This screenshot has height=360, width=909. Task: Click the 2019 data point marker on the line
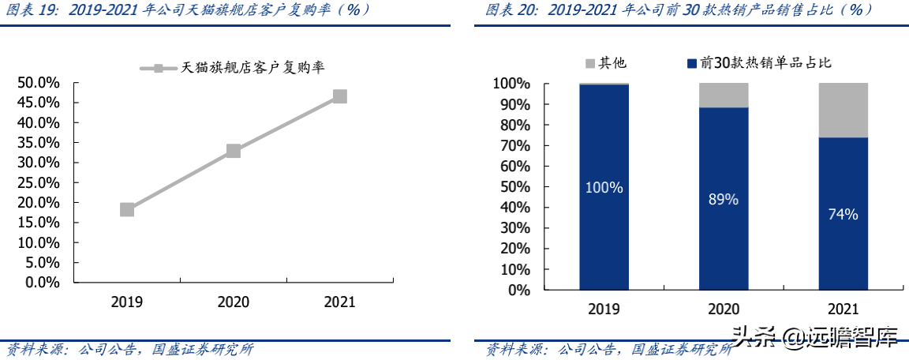(x=127, y=209)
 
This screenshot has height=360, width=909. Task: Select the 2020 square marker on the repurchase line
(x=234, y=151)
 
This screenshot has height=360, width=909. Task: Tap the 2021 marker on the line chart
(x=339, y=96)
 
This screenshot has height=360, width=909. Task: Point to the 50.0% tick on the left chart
(x=39, y=83)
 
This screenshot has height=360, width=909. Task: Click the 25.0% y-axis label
(x=39, y=182)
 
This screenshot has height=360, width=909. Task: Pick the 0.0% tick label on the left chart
(x=42, y=282)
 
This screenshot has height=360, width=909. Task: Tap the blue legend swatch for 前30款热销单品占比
(x=692, y=63)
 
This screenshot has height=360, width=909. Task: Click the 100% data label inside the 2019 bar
(x=604, y=188)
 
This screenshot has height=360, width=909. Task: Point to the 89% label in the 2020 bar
(x=723, y=200)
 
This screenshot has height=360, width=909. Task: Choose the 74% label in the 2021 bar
(x=843, y=214)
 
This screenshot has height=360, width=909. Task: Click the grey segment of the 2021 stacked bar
(x=843, y=110)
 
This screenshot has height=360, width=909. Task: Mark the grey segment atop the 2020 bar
(x=723, y=95)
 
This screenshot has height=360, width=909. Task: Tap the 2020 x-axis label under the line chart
(x=234, y=302)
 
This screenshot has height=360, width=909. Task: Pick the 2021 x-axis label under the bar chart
(x=843, y=309)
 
